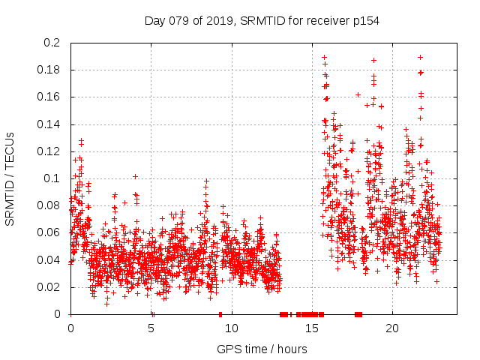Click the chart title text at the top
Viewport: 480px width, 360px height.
(262, 21)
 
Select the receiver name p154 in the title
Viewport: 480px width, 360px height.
(364, 21)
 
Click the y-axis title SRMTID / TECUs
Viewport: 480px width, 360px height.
(10, 178)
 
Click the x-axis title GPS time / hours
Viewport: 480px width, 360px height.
(262, 349)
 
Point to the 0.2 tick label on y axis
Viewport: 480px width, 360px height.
(51, 43)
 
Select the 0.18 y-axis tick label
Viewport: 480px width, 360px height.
(48, 70)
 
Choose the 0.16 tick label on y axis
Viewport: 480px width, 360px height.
(48, 97)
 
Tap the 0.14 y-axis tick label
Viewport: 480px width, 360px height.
(48, 124)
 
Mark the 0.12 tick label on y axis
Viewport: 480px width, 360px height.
(48, 151)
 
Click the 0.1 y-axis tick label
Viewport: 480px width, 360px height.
(51, 178)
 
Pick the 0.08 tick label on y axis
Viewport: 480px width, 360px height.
(48, 205)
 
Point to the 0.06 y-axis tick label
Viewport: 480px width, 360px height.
(48, 232)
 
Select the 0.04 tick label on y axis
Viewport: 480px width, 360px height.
(48, 259)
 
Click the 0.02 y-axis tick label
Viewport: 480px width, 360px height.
(48, 286)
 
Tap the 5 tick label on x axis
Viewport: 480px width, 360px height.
(151, 328)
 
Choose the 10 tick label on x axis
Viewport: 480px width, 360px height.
(232, 328)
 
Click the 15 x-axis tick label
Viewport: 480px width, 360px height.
(312, 328)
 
